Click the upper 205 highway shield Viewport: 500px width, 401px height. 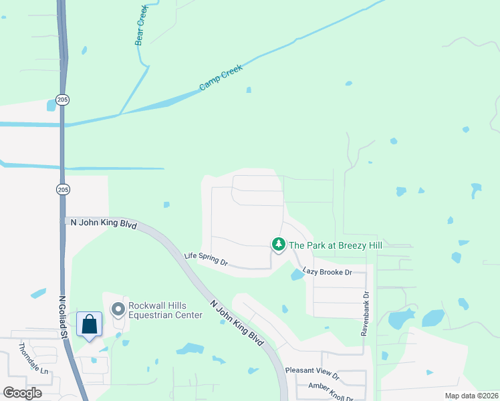(62, 100)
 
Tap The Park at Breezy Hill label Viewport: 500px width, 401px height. (335, 245)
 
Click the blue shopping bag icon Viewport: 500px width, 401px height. (90, 325)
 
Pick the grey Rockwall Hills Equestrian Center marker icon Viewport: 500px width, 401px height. (118, 309)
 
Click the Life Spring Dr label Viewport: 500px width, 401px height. (206, 259)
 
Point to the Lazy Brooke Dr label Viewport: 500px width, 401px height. (328, 272)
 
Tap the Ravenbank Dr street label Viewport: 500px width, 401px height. (366, 313)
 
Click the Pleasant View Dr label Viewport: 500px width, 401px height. (312, 370)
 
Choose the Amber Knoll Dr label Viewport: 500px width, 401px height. (330, 388)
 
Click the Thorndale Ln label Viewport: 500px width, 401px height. (33, 358)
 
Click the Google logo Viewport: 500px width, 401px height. (22, 393)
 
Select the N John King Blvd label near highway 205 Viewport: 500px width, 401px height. (104, 225)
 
